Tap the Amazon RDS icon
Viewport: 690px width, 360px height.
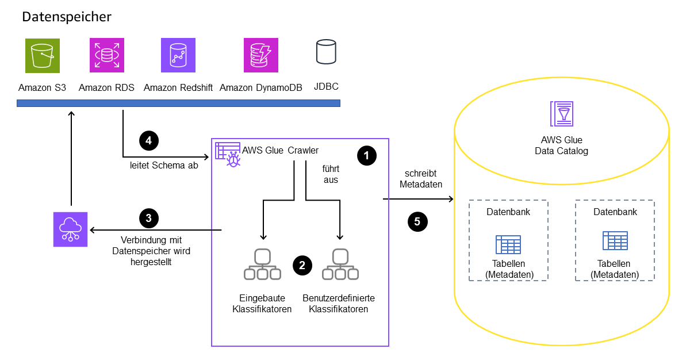tap(107, 56)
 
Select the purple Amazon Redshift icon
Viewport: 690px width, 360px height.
tap(178, 56)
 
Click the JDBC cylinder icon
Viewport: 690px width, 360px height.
tap(326, 52)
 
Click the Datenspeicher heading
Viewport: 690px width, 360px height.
tap(67, 17)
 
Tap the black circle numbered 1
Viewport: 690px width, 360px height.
tap(366, 155)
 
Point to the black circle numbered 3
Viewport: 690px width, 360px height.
tap(148, 218)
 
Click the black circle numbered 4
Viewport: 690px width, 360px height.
tap(148, 140)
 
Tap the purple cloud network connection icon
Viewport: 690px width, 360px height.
tap(70, 229)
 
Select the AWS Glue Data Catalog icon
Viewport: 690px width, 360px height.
tap(561, 113)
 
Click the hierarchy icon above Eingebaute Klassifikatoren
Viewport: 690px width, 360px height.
tap(262, 265)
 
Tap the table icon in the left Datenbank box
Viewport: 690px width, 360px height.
tap(508, 244)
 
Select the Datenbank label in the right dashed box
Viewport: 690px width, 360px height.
tap(615, 212)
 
